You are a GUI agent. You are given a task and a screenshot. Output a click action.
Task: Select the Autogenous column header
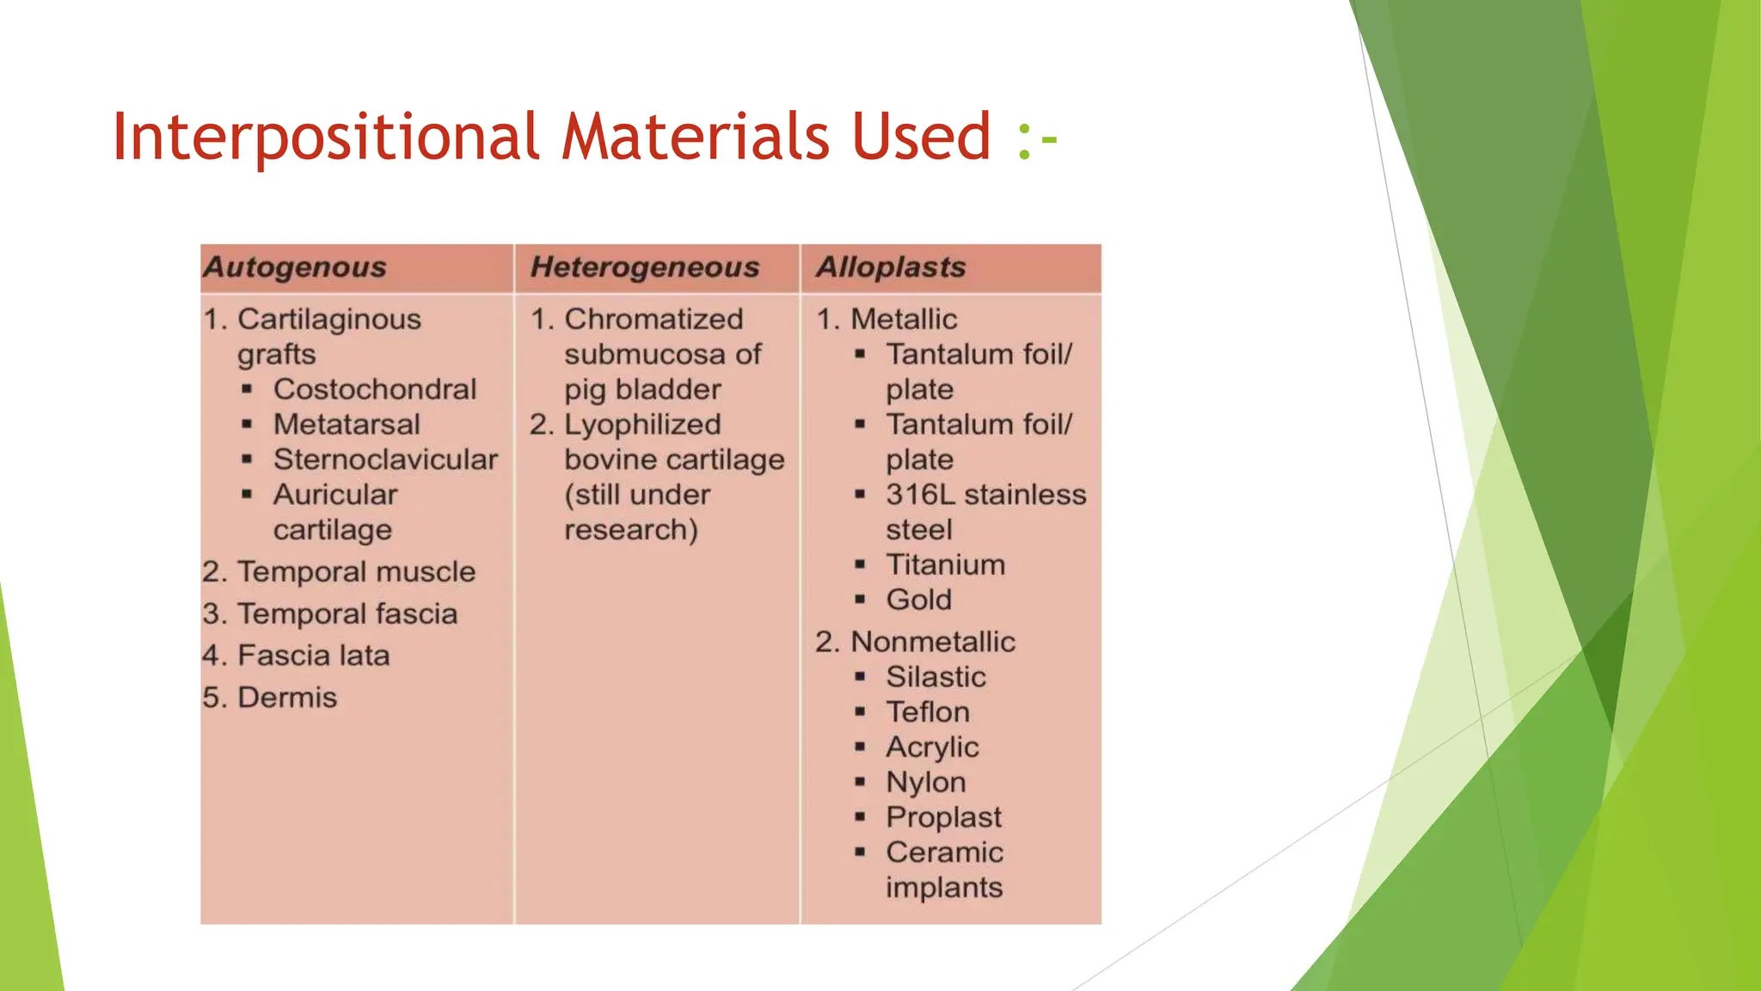click(x=295, y=268)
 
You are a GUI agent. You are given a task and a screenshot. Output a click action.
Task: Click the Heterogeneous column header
click(x=645, y=268)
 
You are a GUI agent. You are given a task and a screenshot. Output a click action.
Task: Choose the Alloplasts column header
click(x=891, y=268)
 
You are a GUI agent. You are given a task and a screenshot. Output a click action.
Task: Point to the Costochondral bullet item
click(x=374, y=390)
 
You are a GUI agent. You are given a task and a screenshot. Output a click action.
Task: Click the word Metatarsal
click(x=347, y=425)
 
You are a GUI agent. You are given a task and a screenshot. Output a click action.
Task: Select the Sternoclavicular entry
click(x=385, y=460)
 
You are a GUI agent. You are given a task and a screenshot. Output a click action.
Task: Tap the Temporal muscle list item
click(x=356, y=572)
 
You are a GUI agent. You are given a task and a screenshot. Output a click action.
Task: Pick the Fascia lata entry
click(x=313, y=656)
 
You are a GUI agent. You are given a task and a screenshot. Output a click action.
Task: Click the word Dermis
click(x=286, y=698)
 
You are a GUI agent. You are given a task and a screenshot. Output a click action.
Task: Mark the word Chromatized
click(x=653, y=320)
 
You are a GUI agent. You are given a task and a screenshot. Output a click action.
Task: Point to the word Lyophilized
click(x=642, y=425)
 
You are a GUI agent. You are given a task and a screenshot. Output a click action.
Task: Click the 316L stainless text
click(x=985, y=495)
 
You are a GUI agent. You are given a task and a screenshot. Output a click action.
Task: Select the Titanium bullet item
click(x=945, y=565)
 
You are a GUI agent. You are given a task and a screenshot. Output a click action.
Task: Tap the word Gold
click(x=918, y=600)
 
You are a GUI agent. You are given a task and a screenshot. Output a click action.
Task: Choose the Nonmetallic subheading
click(x=932, y=643)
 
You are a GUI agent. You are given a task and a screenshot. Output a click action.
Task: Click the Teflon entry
click(x=928, y=713)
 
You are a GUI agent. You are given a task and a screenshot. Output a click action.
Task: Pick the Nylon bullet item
click(x=926, y=783)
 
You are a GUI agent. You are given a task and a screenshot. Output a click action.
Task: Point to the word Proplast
click(x=943, y=818)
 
